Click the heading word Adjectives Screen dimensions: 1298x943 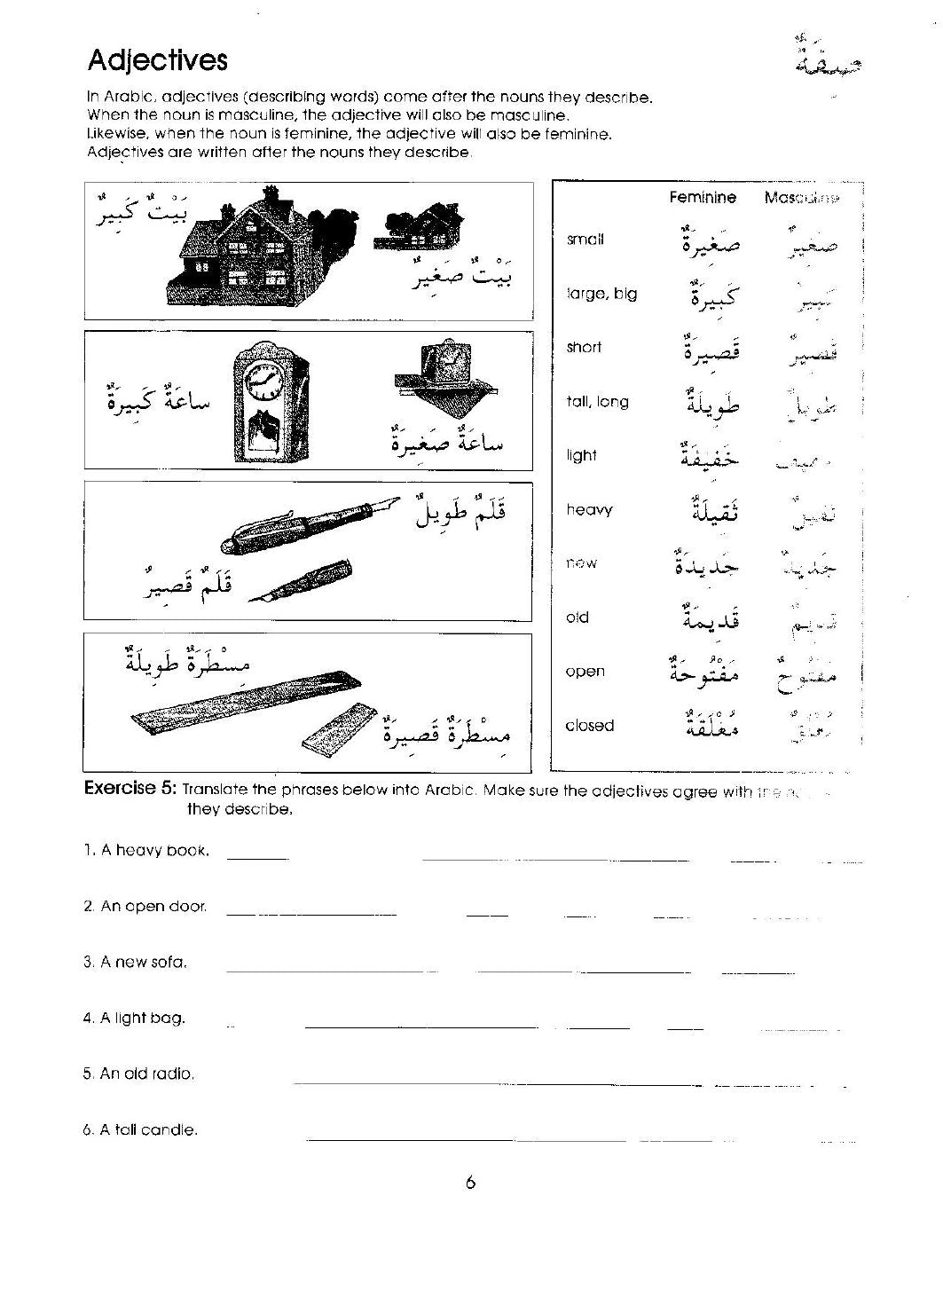(157, 60)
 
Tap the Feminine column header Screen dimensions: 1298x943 (702, 198)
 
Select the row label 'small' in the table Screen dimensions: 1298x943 (585, 240)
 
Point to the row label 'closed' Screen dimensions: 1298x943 (590, 726)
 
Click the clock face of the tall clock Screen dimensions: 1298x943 (263, 382)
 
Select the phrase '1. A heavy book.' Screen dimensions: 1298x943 (146, 850)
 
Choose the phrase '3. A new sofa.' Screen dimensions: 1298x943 (135, 962)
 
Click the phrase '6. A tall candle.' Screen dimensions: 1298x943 (140, 1130)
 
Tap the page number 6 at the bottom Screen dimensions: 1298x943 (470, 1182)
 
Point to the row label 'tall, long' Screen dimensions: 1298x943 (597, 402)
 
